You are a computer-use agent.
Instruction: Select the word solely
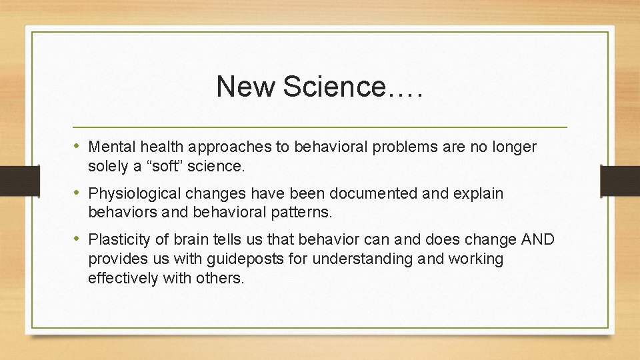(x=107, y=167)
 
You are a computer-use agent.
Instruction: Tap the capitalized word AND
(x=537, y=239)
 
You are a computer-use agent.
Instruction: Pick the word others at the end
(x=222, y=279)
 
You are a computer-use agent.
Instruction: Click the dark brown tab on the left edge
(x=12, y=180)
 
